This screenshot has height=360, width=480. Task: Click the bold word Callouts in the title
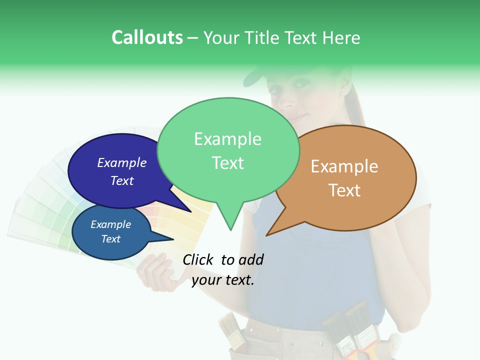pos(147,37)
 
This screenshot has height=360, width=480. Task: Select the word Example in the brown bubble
pos(344,166)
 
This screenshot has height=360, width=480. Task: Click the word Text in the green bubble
pos(228,163)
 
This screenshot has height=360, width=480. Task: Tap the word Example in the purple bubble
pos(122,162)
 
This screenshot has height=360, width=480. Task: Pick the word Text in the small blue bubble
pos(111,239)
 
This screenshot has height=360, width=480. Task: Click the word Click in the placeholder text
pos(198,259)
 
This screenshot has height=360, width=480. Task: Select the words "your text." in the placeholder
pos(223,280)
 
